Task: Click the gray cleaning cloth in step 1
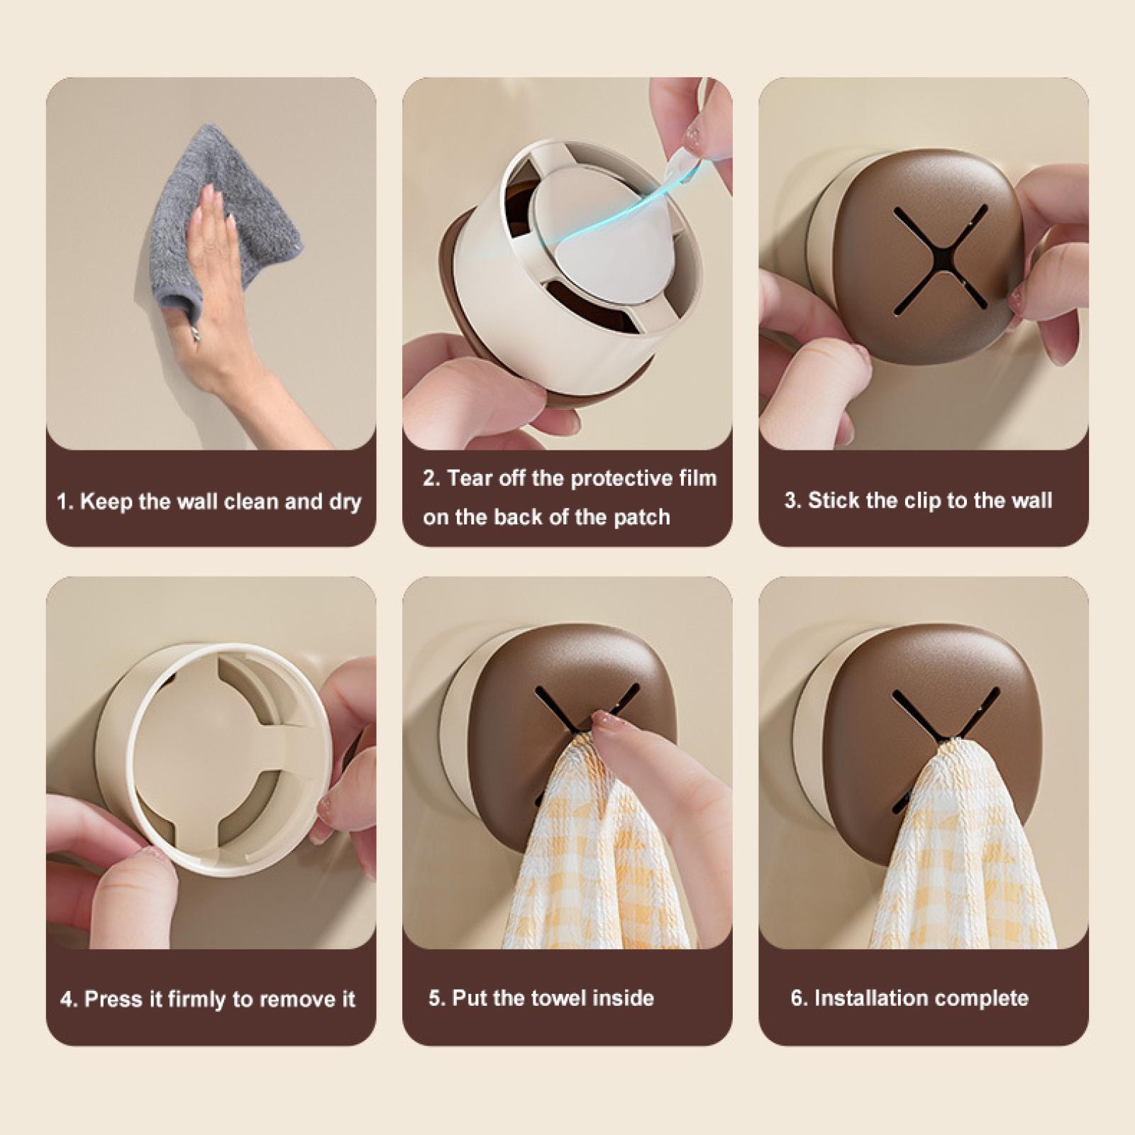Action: click(220, 213)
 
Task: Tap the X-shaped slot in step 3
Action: click(940, 260)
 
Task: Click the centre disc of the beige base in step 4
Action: click(206, 759)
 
